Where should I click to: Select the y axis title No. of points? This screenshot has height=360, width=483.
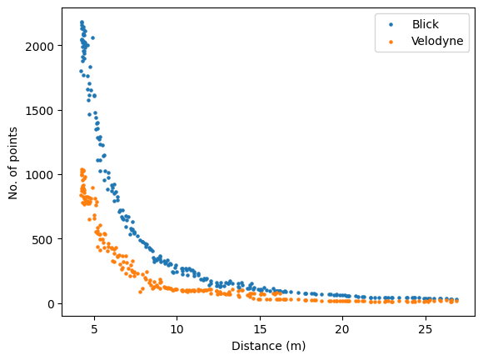[14, 162]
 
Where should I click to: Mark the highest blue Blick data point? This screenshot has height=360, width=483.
[82, 22]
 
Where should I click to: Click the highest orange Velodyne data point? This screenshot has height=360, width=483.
[82, 169]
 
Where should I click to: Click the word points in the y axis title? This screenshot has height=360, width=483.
[14, 144]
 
